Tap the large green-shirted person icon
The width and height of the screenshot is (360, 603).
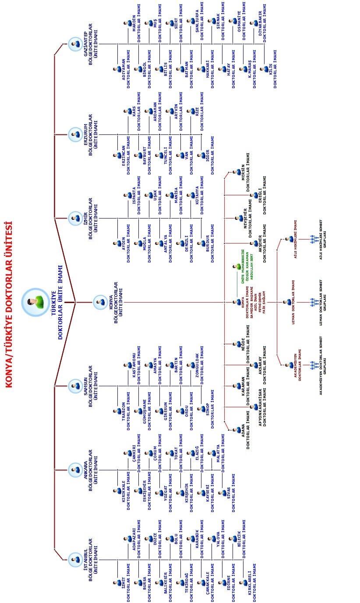coord(35,302)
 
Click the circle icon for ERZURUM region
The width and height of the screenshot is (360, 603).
coord(75,134)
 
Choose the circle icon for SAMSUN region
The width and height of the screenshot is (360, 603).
coord(75,386)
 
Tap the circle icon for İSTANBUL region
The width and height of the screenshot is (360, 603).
coord(75,560)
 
